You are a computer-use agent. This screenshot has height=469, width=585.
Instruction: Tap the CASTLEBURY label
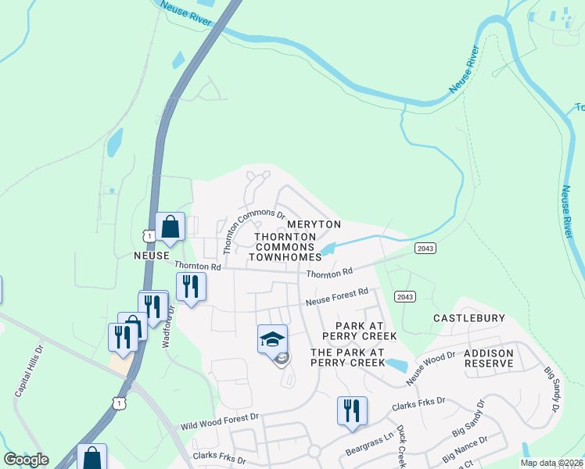(469, 318)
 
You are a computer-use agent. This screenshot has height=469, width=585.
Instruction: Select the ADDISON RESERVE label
(489, 359)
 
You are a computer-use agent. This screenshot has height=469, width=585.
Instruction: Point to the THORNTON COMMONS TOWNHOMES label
(285, 246)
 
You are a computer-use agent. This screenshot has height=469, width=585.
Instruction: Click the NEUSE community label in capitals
(152, 256)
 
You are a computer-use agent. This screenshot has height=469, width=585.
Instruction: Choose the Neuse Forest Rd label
(336, 297)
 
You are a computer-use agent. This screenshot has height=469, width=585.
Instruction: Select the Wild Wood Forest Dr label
(219, 422)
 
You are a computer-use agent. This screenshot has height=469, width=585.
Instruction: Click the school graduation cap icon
(272, 339)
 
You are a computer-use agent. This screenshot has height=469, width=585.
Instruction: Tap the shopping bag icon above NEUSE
(170, 227)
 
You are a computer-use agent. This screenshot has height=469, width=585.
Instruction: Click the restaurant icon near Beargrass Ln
(352, 410)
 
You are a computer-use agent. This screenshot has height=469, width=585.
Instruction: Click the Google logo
(26, 460)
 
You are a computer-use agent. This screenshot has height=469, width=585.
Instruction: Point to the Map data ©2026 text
(551, 463)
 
